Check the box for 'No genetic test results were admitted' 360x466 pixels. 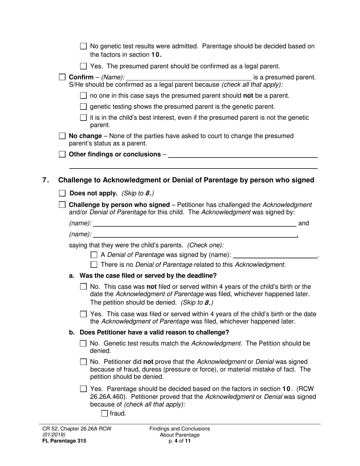[x=84, y=46]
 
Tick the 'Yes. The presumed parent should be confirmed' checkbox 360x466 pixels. [x=84, y=66]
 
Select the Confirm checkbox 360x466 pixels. [x=63, y=77]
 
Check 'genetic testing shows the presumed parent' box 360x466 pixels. [x=84, y=107]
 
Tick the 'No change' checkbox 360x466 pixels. [x=63, y=136]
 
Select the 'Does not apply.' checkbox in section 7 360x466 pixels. [x=63, y=193]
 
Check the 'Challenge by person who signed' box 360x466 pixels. [x=63, y=205]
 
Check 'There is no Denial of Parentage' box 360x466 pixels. [x=94, y=265]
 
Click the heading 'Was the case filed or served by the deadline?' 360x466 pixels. [x=148, y=275]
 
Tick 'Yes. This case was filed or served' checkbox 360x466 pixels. [x=84, y=314]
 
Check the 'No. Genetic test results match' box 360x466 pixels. [x=84, y=344]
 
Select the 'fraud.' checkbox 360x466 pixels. [x=105, y=414]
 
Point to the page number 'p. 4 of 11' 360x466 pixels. [x=180, y=441]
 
